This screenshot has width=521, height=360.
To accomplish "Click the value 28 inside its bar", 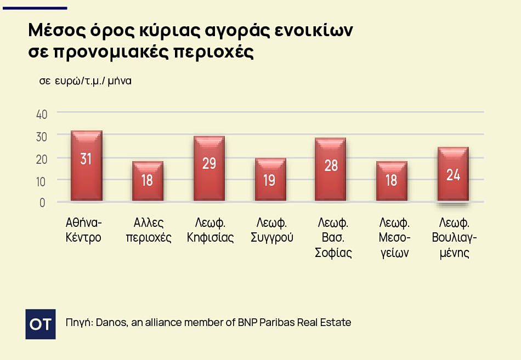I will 331,165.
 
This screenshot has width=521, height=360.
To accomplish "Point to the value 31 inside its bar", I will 86,159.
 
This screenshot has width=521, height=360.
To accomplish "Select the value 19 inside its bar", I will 269,180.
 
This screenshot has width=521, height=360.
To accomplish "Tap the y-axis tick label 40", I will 42,114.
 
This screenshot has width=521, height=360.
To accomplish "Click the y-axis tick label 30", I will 42,136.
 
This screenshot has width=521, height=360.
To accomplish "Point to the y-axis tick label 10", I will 42,180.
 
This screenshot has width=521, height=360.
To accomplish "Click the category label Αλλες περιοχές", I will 149,230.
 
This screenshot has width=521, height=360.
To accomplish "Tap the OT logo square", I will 41,324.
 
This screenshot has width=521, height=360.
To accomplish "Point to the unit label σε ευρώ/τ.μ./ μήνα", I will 85,81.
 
